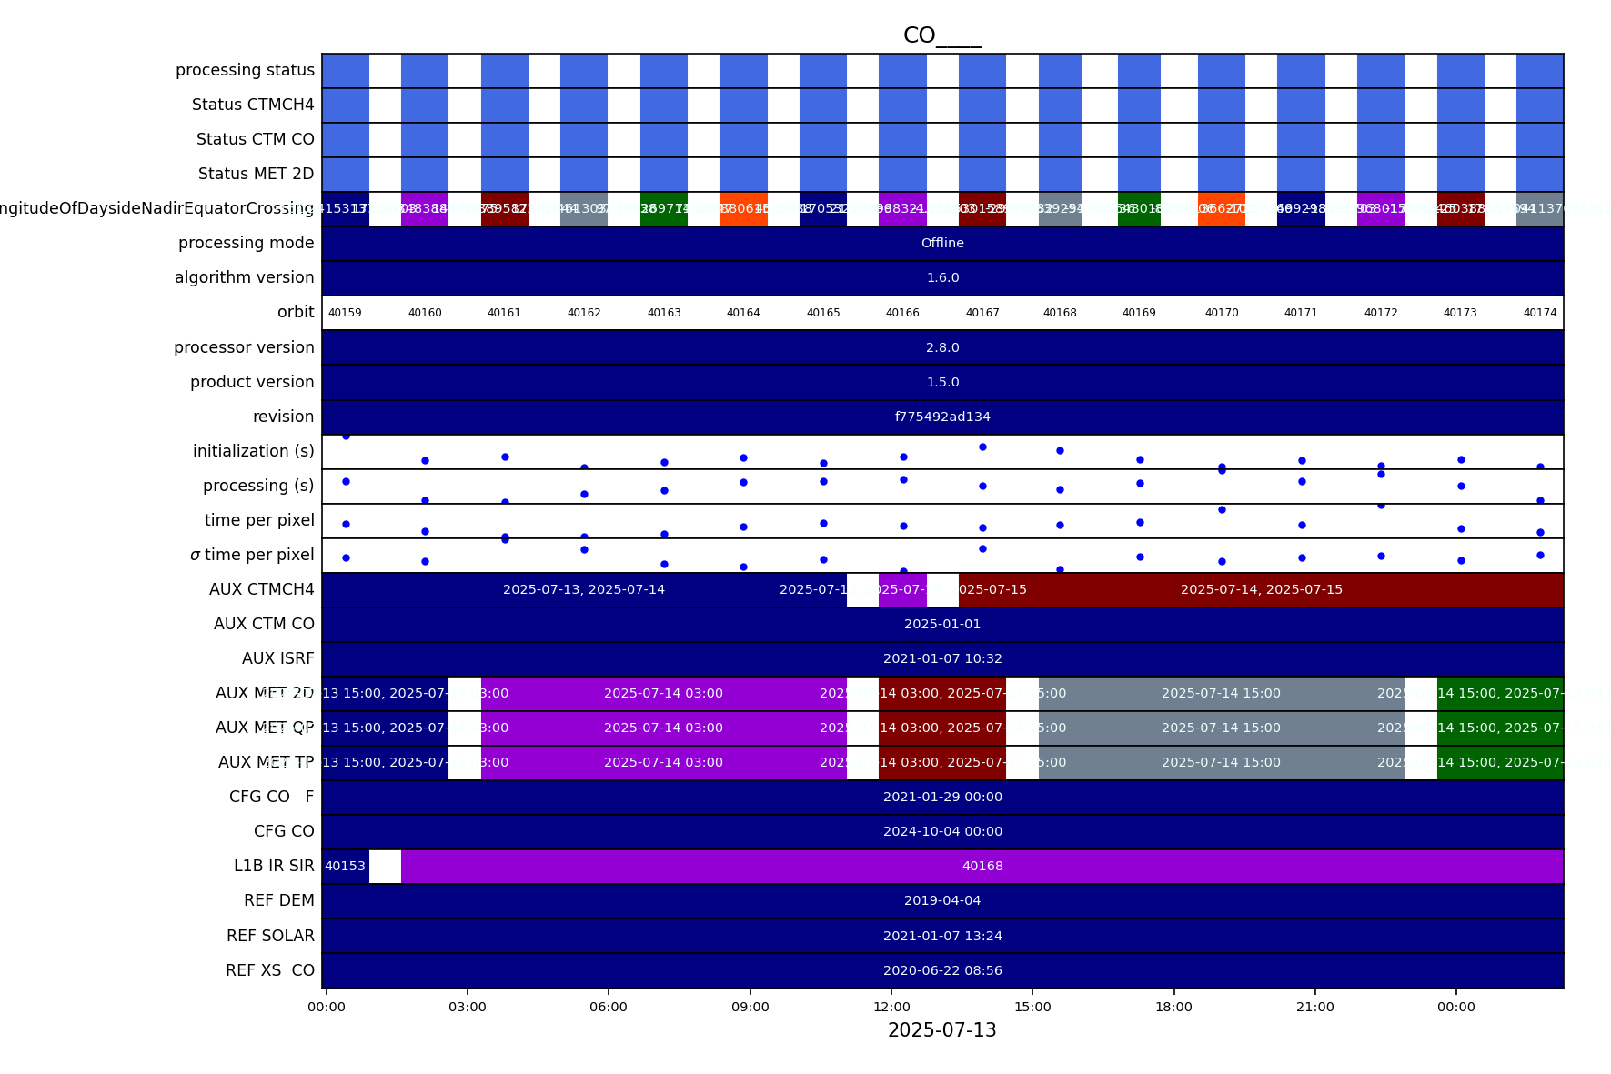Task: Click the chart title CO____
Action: coord(941,35)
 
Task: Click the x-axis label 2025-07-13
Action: coord(941,1030)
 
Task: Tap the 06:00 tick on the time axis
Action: coord(608,1007)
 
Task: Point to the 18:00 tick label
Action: coord(1173,1007)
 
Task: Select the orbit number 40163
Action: coord(664,313)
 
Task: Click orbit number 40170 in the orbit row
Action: coord(1222,313)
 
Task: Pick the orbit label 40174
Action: coord(1540,313)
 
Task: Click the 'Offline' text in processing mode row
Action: coord(942,243)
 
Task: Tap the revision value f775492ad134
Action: coord(942,417)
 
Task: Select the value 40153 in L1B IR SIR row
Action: coord(345,866)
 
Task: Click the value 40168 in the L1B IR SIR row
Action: coord(982,866)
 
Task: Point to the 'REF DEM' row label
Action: coord(278,900)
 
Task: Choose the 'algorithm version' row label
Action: coord(244,277)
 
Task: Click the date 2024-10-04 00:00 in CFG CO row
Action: coord(942,831)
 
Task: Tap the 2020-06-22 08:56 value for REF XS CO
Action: coord(942,970)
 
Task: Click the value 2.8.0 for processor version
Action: coord(942,347)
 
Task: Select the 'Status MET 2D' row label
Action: coord(256,174)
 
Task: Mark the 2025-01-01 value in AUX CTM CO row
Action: coord(942,624)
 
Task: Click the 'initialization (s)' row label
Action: coord(253,451)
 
